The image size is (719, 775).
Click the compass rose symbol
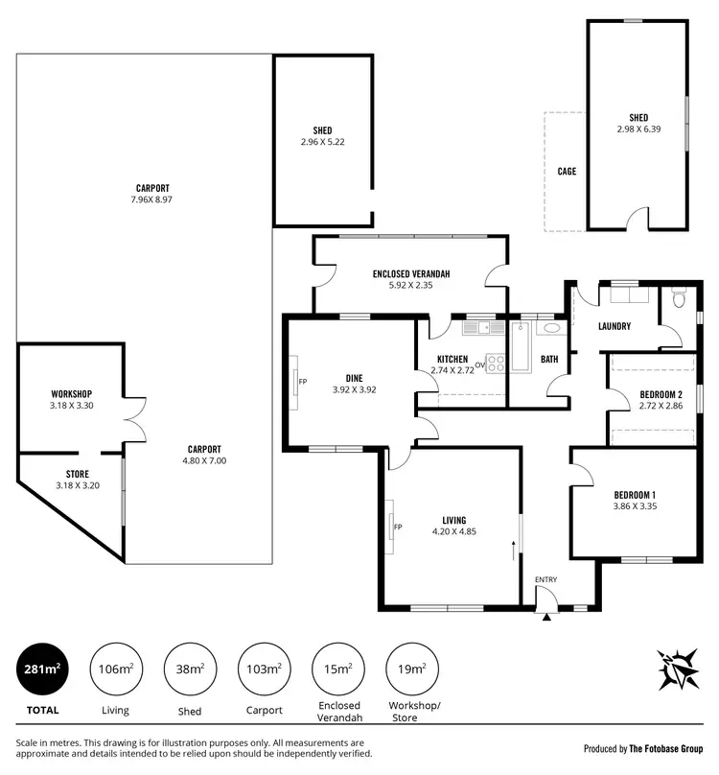coord(677,669)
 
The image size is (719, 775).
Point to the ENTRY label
coord(545,579)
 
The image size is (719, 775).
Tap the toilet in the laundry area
coord(679,299)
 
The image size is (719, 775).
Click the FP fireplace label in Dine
coord(302,381)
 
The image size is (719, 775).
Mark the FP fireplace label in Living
coord(398,527)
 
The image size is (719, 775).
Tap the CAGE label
coord(567,172)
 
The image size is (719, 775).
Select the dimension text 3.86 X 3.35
coord(641,507)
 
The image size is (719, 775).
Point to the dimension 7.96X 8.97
coord(144,200)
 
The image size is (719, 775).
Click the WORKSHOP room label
coord(71,394)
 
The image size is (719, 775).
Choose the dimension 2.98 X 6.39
coord(638,129)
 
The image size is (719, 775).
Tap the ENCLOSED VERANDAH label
coord(411,274)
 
